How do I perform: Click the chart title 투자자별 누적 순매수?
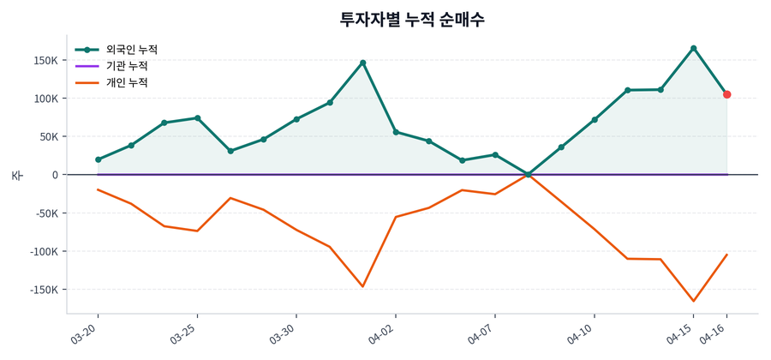(412, 19)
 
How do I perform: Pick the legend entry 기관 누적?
(127, 66)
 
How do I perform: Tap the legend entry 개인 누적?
(127, 82)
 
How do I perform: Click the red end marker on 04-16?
(726, 94)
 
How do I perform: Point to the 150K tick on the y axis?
(45, 60)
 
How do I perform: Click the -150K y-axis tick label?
(43, 290)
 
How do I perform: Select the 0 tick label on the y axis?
(55, 175)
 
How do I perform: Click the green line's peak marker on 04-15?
(693, 48)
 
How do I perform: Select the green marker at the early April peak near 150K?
(363, 63)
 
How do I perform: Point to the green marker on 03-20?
(99, 159)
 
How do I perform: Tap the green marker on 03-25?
(198, 118)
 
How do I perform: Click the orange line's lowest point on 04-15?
(693, 301)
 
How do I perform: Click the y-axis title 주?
(16, 175)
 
